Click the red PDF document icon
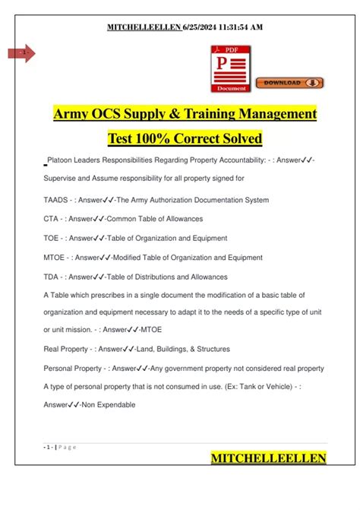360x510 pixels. pos(229,68)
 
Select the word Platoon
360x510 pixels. pos(60,161)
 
